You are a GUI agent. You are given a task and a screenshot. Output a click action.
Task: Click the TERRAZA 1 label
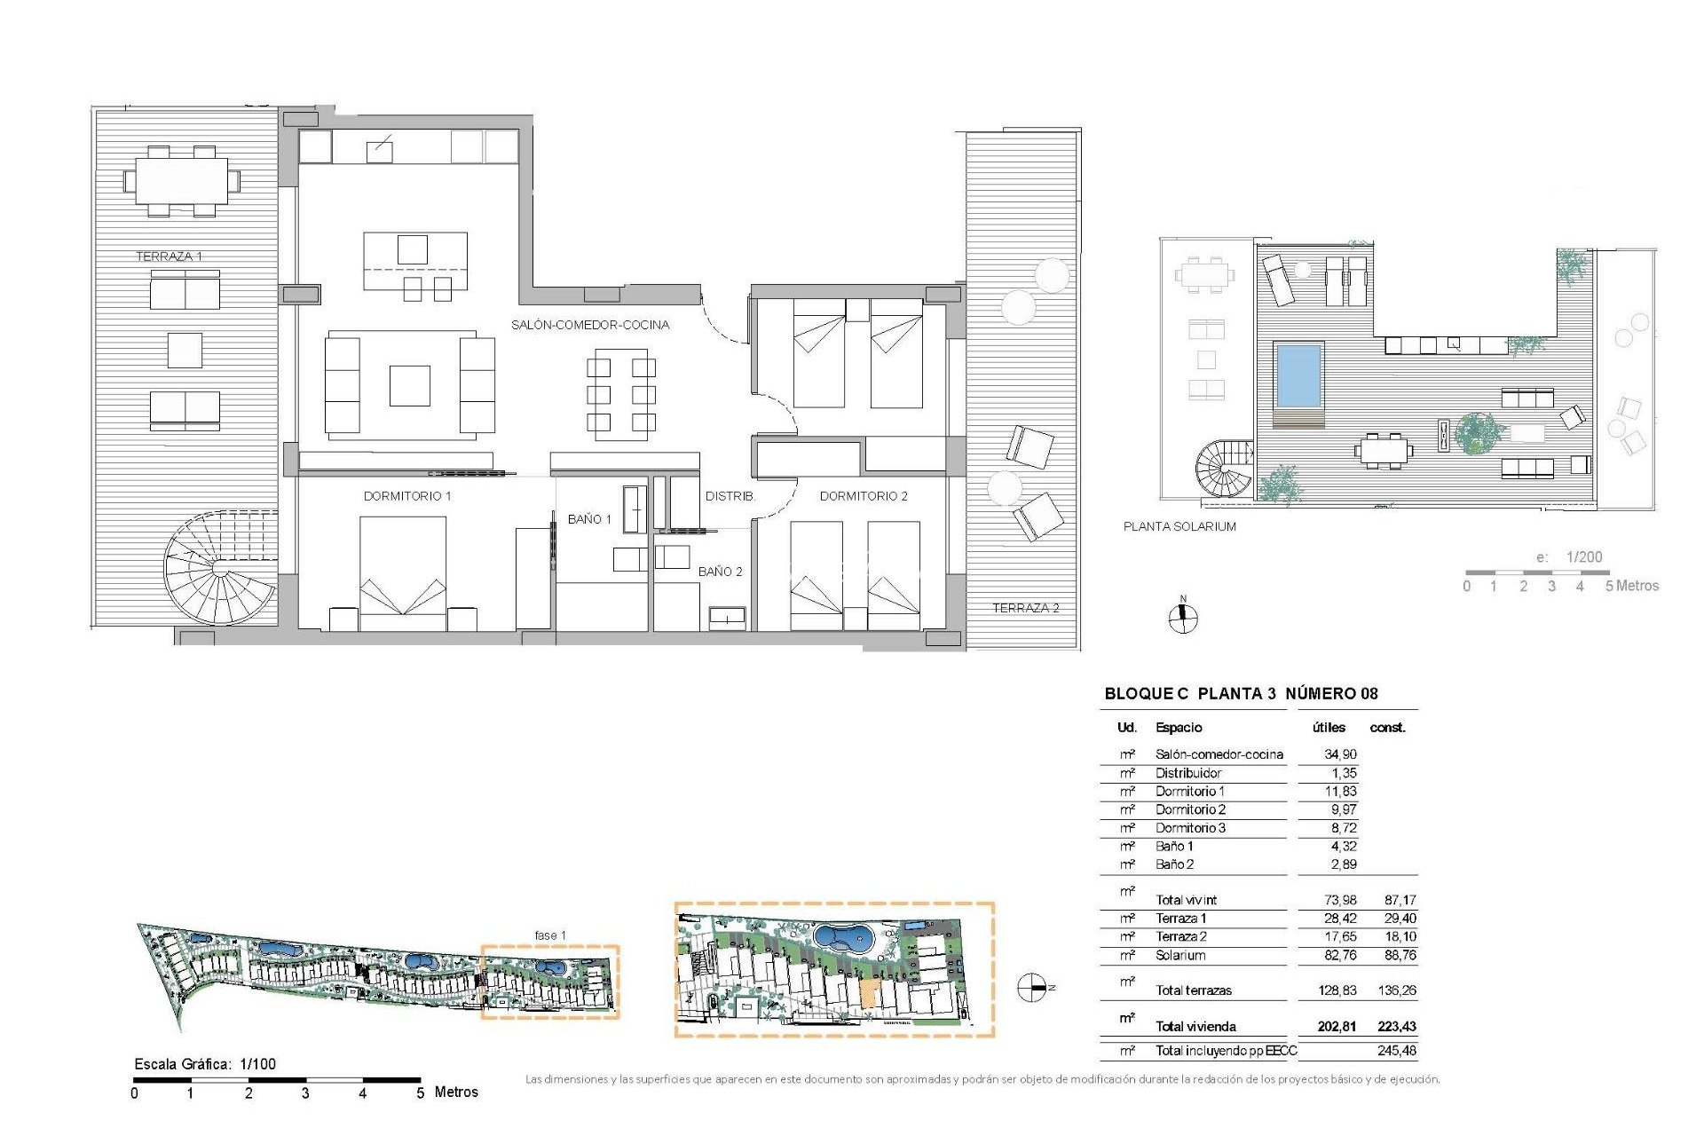pos(169,256)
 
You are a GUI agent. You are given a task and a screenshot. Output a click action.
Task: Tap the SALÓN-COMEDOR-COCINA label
pos(590,325)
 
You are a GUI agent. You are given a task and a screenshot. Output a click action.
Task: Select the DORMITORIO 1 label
pos(407,496)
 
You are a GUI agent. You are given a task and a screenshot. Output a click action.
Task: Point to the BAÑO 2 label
pos(720,572)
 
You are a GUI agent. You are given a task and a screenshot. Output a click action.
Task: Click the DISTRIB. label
pos(730,496)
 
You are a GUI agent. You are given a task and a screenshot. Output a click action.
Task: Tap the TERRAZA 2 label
pos(1025,608)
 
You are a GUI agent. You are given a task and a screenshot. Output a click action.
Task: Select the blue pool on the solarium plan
pos(1298,374)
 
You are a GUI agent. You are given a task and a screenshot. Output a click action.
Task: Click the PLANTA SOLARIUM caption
pos(1179,526)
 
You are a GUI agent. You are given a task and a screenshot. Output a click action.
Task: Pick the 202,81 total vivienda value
pos(1337,1026)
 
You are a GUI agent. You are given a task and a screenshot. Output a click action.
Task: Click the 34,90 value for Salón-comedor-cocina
pos(1340,754)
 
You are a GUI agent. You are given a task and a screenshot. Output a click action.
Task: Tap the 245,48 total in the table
pos(1397,1051)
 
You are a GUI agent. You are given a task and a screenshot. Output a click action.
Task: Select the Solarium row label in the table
pos(1180,956)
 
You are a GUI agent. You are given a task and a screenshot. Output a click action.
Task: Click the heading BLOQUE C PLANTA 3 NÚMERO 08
pos(1241,694)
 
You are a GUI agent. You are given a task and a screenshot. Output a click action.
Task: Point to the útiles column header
pos(1329,728)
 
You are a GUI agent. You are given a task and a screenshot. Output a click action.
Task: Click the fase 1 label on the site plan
pos(550,935)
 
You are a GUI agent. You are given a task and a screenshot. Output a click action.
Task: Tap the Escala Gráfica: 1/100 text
pos(205,1063)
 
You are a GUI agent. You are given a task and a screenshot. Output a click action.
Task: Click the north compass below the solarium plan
pos(1183,617)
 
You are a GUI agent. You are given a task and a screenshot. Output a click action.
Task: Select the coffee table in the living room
pos(409,386)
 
